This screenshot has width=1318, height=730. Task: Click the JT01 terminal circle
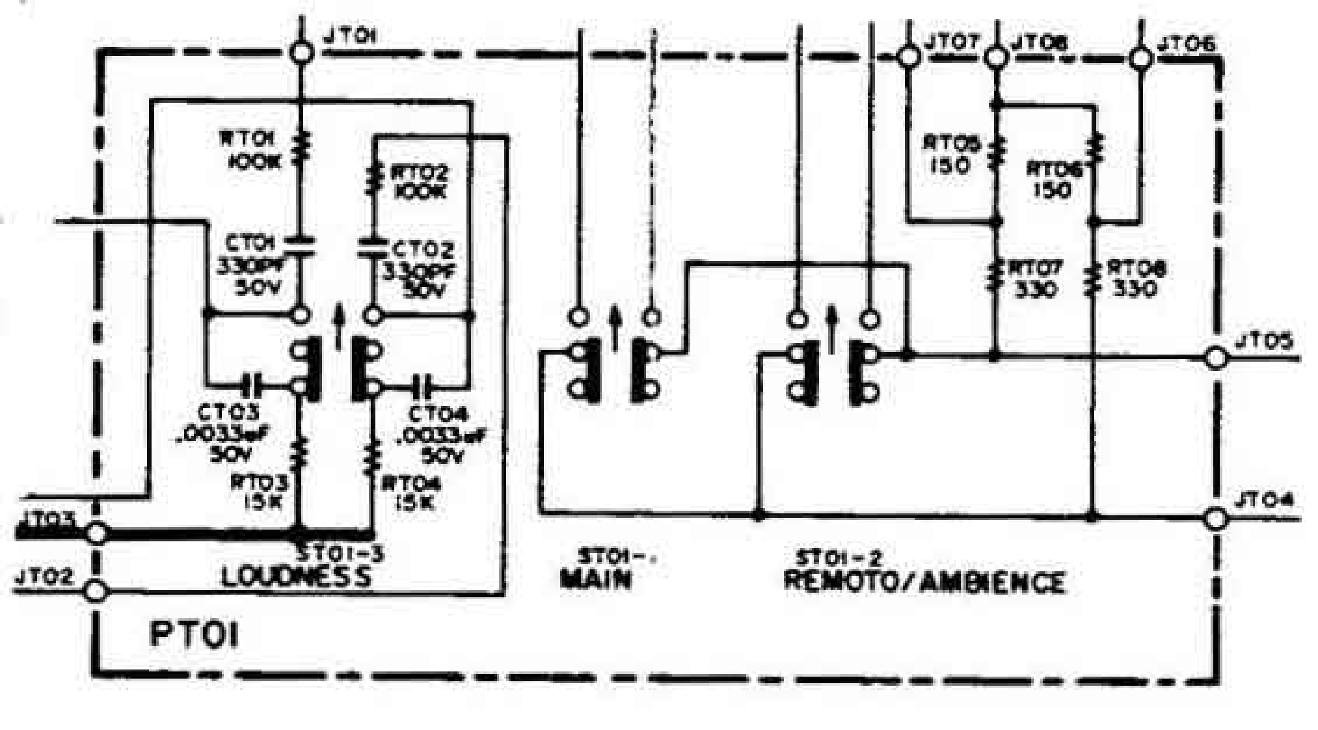click(x=300, y=53)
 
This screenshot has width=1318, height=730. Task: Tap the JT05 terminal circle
click(x=1215, y=357)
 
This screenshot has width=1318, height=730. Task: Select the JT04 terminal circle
click(x=1215, y=519)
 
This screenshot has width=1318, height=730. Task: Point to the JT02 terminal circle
click(x=96, y=591)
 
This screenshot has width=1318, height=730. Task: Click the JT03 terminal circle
click(x=96, y=534)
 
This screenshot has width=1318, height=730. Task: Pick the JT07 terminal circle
click(x=907, y=57)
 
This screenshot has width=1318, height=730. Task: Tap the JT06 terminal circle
click(x=1139, y=59)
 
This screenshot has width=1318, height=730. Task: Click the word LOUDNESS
click(x=297, y=576)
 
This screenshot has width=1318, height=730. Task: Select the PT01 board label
click(x=194, y=634)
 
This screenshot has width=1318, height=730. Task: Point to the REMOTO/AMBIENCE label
click(x=924, y=581)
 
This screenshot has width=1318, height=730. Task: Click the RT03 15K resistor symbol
click(x=300, y=453)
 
